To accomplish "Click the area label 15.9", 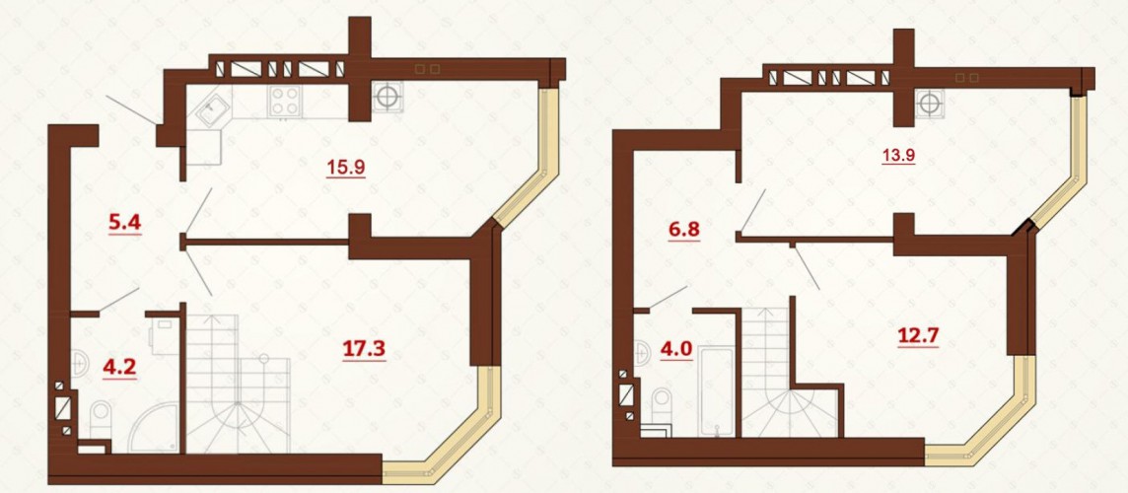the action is [346, 168].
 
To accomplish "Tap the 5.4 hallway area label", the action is [125, 223].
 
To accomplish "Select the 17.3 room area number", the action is [364, 350].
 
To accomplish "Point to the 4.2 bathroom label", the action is [119, 368].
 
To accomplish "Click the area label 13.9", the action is [899, 154].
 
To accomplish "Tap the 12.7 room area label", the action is [918, 335].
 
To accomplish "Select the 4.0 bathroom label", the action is [676, 350].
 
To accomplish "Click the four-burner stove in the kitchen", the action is [285, 101].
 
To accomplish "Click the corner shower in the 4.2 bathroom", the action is [156, 427].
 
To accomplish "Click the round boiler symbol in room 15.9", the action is [388, 97].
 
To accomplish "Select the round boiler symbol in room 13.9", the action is [930, 104].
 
